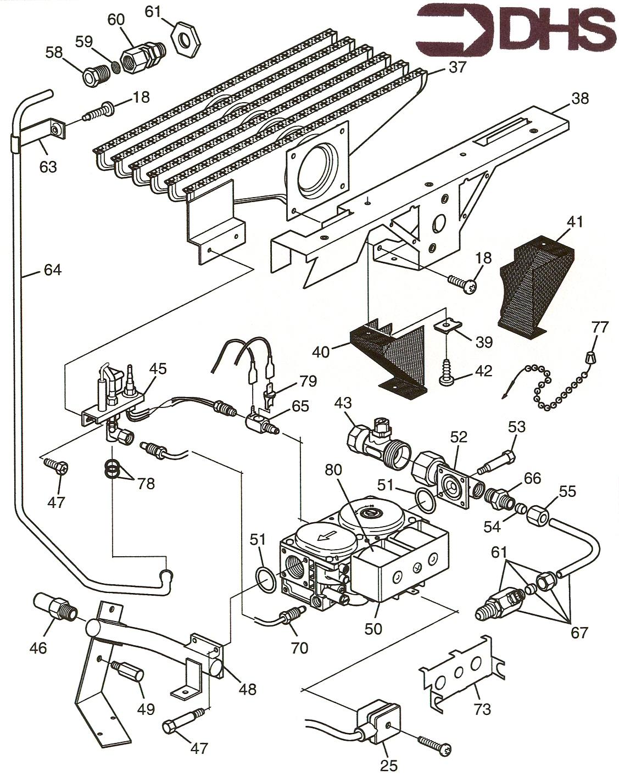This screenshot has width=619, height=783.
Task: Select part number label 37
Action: [x=456, y=68]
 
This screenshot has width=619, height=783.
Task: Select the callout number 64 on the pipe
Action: [x=53, y=270]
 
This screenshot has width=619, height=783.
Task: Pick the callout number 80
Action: [x=333, y=470]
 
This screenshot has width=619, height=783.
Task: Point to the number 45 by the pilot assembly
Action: [x=158, y=368]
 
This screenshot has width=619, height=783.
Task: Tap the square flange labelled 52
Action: [x=454, y=487]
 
